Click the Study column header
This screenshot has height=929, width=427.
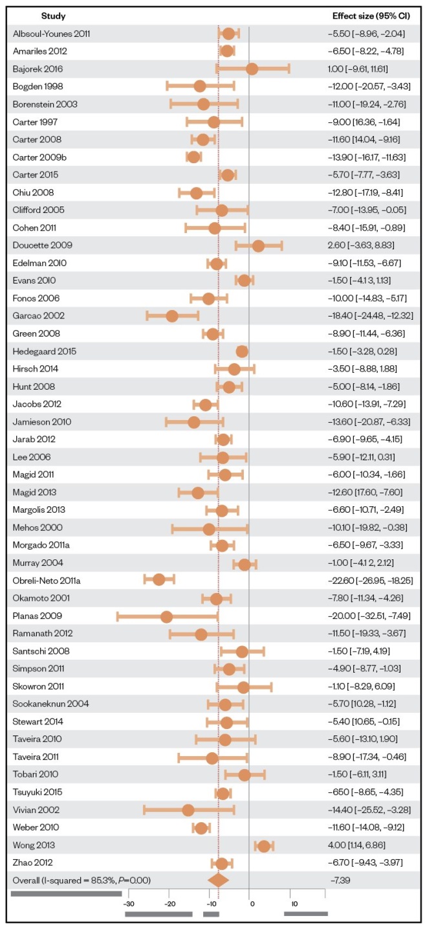coord(53,16)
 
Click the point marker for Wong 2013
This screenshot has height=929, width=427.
coord(263,845)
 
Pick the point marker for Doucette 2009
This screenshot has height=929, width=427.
coord(258,245)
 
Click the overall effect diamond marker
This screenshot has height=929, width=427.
coord(218,880)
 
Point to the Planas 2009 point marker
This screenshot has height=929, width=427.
coord(166,616)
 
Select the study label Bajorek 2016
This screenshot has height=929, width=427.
coord(38,69)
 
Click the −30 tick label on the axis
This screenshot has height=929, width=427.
coord(128,904)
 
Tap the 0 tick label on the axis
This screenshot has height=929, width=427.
coord(251,904)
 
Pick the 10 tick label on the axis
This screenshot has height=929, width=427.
coord(294,904)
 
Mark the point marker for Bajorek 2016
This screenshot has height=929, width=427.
coord(252,69)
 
